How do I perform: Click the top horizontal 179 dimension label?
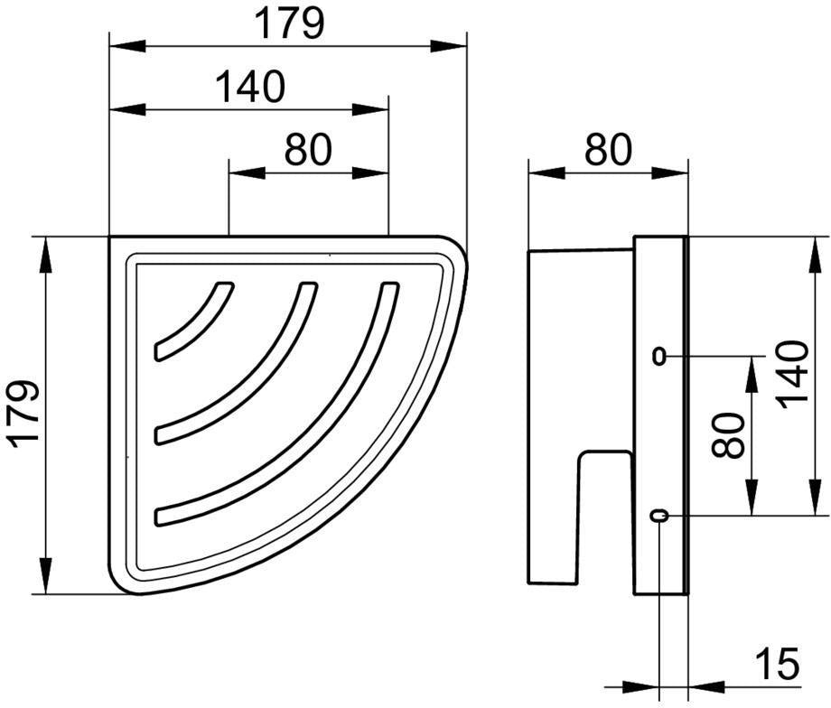click(289, 23)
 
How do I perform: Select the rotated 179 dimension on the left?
click(25, 415)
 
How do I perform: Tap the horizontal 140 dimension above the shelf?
click(251, 87)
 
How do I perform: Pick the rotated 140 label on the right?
click(794, 375)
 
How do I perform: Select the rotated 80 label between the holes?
click(728, 435)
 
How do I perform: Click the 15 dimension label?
click(778, 663)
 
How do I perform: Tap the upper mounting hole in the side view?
click(658, 356)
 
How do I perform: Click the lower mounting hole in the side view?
click(658, 515)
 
